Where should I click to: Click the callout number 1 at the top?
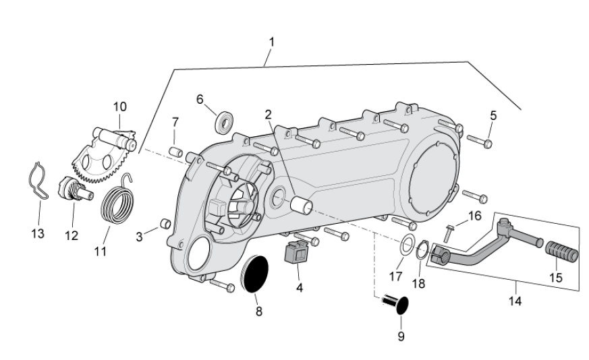pyautogui.click(x=271, y=42)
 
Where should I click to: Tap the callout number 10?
pyautogui.click(x=119, y=107)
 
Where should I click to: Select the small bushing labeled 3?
pyautogui.click(x=163, y=224)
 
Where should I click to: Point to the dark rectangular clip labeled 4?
pyautogui.click(x=296, y=254)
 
